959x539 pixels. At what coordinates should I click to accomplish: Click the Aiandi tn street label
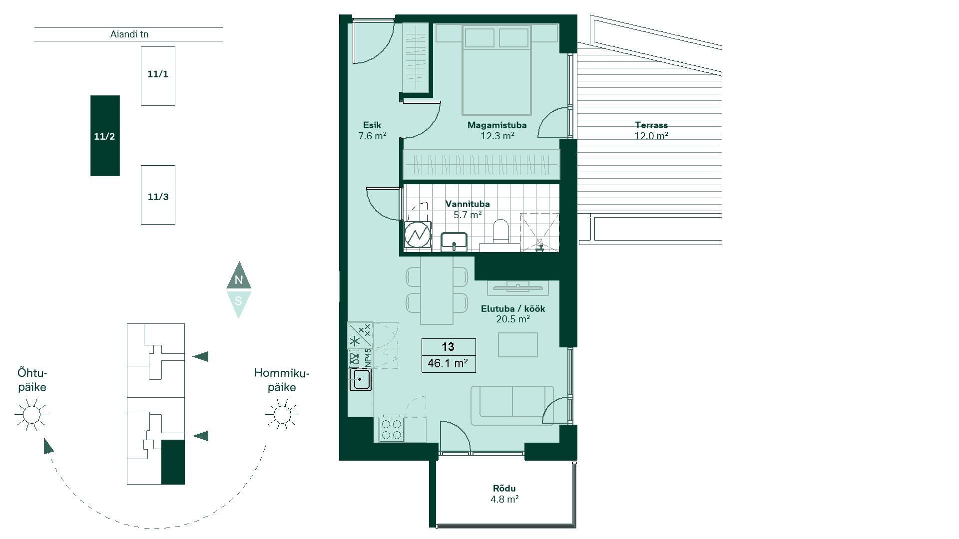click(x=129, y=34)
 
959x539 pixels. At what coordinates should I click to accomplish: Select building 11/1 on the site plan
click(x=158, y=76)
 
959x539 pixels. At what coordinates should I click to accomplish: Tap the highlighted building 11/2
click(x=105, y=136)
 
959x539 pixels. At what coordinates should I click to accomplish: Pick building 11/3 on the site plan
click(x=158, y=195)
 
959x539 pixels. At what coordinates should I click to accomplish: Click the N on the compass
click(x=239, y=280)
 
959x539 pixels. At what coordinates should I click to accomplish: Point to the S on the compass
click(x=239, y=301)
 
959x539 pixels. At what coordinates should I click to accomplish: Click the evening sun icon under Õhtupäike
click(x=31, y=414)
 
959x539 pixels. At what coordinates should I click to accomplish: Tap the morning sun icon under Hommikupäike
click(x=282, y=414)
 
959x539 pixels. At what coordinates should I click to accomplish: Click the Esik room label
click(x=372, y=125)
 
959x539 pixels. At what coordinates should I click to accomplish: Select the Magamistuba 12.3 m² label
click(x=497, y=130)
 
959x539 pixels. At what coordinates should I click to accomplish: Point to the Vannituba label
click(x=468, y=204)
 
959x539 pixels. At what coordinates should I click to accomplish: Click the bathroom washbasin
click(x=454, y=242)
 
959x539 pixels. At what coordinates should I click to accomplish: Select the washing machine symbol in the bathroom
click(x=417, y=235)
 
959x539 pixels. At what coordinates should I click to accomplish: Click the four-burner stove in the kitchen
click(x=391, y=429)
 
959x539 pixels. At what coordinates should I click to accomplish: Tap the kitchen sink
click(x=360, y=379)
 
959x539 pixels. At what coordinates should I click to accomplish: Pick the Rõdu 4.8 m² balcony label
click(x=504, y=494)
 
